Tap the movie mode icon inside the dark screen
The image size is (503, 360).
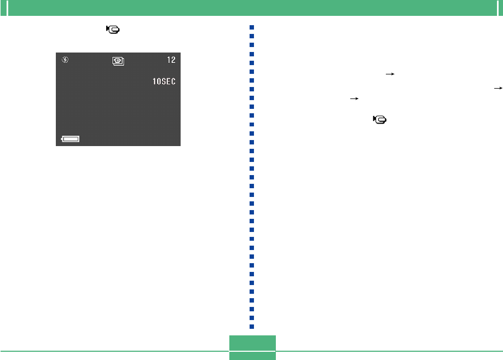pos(118,60)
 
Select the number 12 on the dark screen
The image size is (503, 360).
pos(171,59)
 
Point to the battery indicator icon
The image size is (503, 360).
pos(71,140)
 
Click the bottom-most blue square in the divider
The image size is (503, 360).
pos(251,327)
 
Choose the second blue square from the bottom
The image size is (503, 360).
pos(251,318)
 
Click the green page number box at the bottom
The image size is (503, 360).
pos(252,347)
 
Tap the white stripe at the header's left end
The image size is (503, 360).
pos(8,8)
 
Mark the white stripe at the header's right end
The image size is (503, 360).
pos(496,8)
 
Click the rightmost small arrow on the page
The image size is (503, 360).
pos(498,88)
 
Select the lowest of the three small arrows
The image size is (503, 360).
pos(354,99)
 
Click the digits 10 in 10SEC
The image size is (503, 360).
pos(157,82)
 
